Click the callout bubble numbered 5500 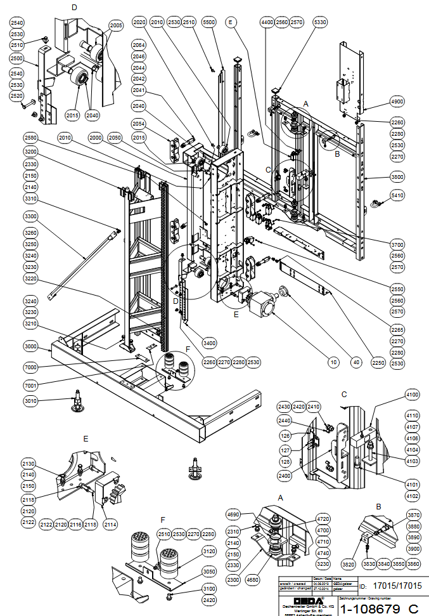pyautogui.click(x=210, y=22)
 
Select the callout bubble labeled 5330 pyautogui.click(x=321, y=22)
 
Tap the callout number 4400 pyautogui.click(x=268, y=22)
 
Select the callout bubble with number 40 pyautogui.click(x=357, y=362)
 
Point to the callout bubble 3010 pyautogui.click(x=30, y=401)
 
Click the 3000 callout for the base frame pyautogui.click(x=30, y=347)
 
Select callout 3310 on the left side pyautogui.click(x=30, y=199)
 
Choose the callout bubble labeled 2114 pyautogui.click(x=111, y=525)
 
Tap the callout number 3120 pyautogui.click(x=209, y=550)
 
